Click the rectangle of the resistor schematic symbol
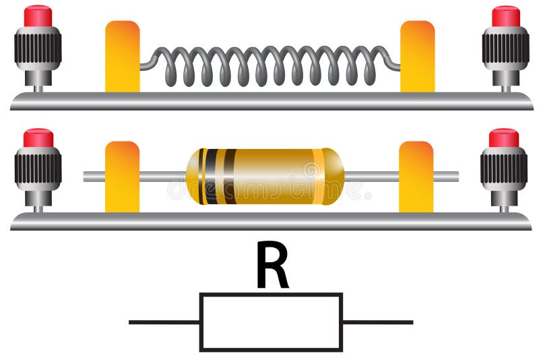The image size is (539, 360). click(x=271, y=322)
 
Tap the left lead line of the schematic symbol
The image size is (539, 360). click(x=164, y=322)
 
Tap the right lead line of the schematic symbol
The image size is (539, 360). click(x=377, y=322)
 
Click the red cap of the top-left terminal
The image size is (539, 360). click(x=38, y=16)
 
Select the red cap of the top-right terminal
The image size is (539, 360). click(x=506, y=16)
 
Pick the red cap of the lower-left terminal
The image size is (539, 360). click(x=38, y=138)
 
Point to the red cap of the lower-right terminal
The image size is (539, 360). click(x=504, y=138)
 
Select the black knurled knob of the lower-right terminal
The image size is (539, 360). click(x=504, y=168)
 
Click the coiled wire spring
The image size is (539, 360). click(x=269, y=65)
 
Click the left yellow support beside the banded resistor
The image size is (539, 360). click(x=123, y=177)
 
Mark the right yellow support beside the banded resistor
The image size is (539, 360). click(x=416, y=177)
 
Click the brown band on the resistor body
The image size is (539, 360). click(x=229, y=177)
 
